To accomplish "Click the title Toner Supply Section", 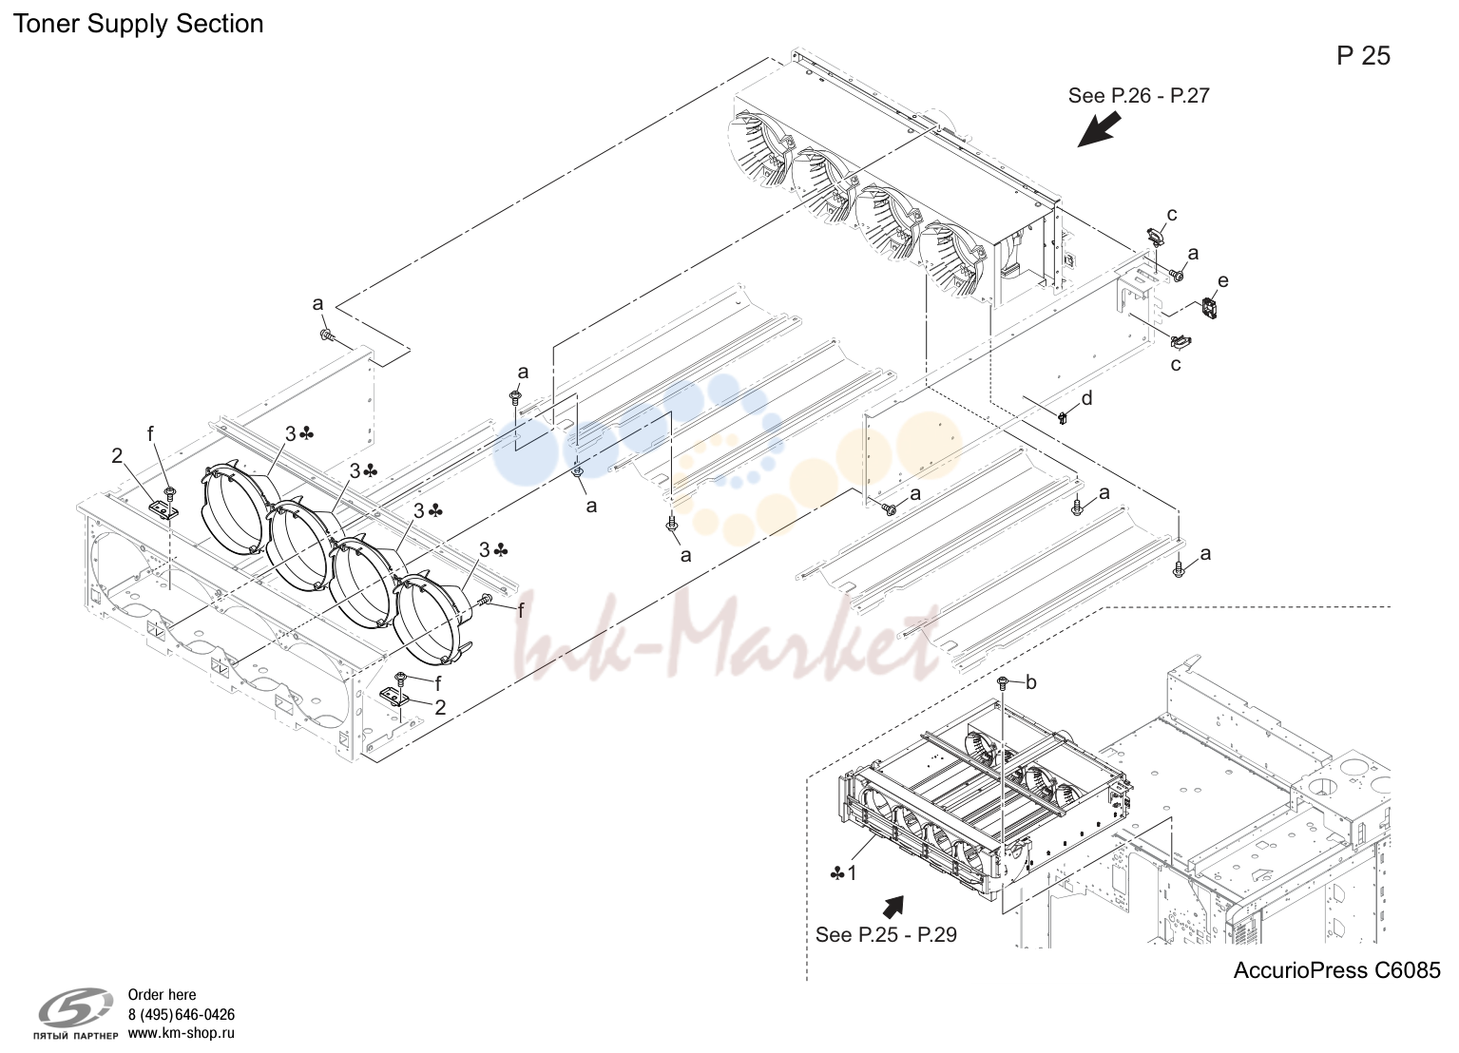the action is [138, 25].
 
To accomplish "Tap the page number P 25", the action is [1363, 56].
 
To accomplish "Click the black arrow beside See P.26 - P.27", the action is [1098, 129].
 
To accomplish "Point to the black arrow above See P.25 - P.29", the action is [893, 906].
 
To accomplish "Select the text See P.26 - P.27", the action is [1139, 96].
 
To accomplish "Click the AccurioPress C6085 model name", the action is [1337, 970].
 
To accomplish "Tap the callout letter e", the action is [1222, 280].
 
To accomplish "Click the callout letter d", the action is [1086, 397].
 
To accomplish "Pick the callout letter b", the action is [1031, 682].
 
